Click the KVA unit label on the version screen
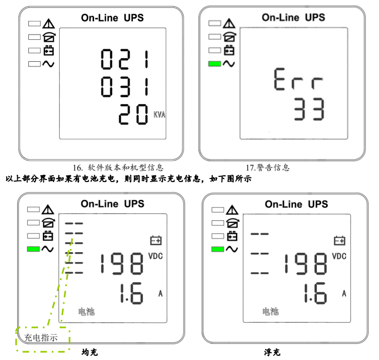pos(159,115)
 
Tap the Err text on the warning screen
pos(298,79)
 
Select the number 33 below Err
pos(309,109)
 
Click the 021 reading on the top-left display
pos(125,59)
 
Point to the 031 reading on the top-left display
pos(125,87)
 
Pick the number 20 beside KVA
pos(133,114)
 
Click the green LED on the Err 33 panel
pos(215,64)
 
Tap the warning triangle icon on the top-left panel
pos(49,24)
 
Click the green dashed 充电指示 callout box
pos(43,339)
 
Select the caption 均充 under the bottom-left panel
pos(90,352)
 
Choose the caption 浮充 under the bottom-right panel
pos(272,352)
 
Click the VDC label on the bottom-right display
pos(339,256)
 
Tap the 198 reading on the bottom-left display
pos(122,264)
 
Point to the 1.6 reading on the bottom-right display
pos(315,293)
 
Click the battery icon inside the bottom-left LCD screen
pos(156,241)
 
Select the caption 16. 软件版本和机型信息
pos(118,167)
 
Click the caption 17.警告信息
pos(268,167)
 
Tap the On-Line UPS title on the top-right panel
pos(293,17)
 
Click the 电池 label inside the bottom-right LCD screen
pos(270,311)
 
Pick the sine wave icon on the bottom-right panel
pos(232,249)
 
